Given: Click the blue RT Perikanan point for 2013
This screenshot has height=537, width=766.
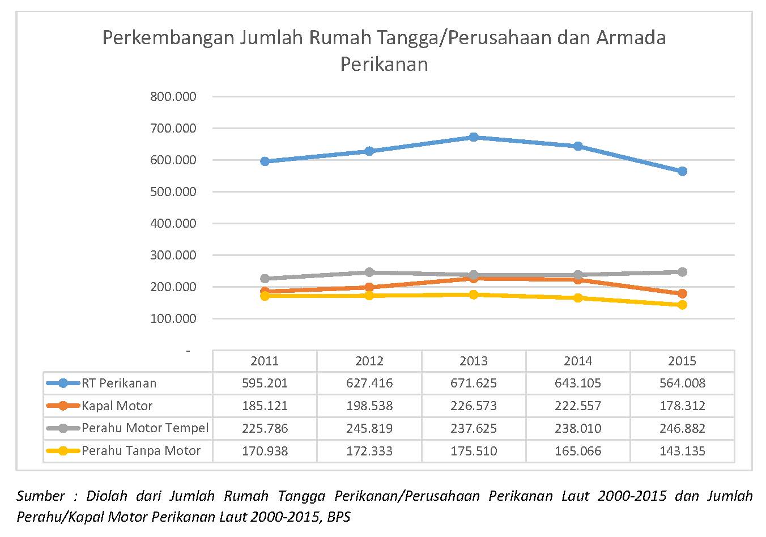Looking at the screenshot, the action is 474,137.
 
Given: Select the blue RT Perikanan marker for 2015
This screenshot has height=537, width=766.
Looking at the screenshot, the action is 682,171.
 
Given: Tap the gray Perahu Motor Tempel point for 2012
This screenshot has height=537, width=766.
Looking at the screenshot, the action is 369,272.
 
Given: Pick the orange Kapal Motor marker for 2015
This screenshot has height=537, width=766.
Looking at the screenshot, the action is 682,293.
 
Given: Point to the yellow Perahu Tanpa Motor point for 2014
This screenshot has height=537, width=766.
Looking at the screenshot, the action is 578,298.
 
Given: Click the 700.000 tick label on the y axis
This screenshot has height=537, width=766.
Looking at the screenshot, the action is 173,128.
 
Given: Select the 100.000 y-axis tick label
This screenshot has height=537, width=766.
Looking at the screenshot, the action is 173,318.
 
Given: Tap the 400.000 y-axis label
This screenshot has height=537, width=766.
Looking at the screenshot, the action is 173,224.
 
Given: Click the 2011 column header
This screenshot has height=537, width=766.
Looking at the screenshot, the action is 265,361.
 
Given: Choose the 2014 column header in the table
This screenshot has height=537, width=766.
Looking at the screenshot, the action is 578,361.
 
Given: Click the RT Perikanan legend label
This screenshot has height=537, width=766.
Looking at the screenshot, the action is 119,383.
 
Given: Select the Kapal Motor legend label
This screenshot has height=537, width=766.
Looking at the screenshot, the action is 117,406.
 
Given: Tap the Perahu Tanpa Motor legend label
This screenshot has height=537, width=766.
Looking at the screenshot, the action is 141,451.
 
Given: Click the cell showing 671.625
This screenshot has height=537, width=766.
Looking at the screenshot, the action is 474,383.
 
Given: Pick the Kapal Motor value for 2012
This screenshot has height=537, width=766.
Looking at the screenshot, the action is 369,406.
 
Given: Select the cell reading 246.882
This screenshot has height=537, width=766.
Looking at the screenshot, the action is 682,428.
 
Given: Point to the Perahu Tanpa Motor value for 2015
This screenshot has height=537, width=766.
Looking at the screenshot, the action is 682,451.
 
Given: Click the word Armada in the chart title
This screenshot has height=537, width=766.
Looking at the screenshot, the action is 631,37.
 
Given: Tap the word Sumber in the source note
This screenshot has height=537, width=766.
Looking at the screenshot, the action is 41,496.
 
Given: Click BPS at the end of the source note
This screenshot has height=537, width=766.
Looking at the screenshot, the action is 339,517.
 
